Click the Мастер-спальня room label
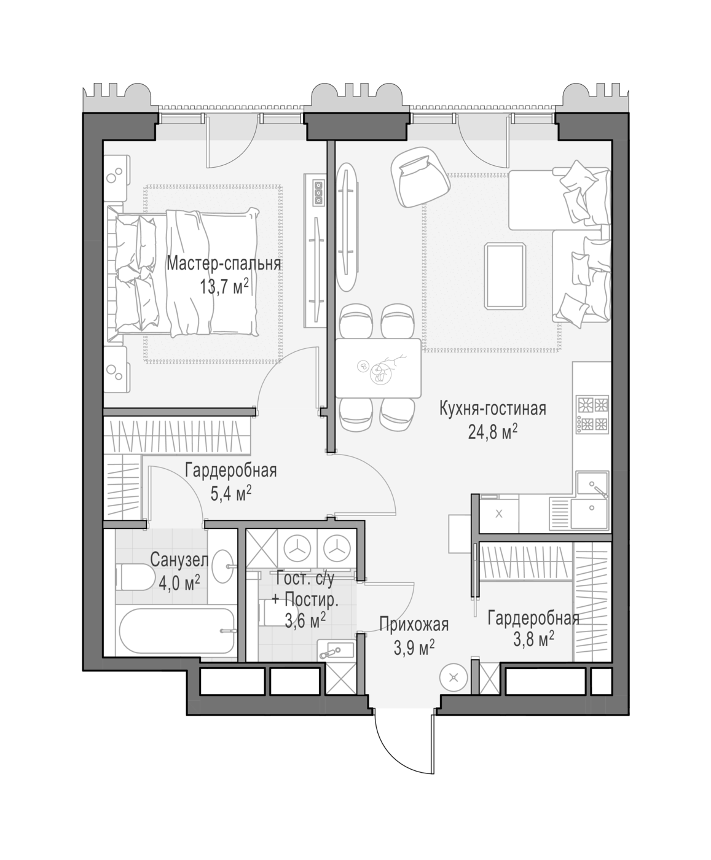pos(224,264)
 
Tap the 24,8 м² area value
pos(493,432)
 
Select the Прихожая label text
pos(414,624)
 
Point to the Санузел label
pos(179,560)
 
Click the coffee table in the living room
pos(506,276)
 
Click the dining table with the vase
pos(379,368)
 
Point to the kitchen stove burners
pos(593,415)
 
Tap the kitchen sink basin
pos(592,485)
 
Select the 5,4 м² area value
pos(231,493)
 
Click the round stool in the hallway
pos(454,678)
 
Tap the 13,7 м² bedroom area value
pos(224,286)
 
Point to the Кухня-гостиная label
pos(493,409)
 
